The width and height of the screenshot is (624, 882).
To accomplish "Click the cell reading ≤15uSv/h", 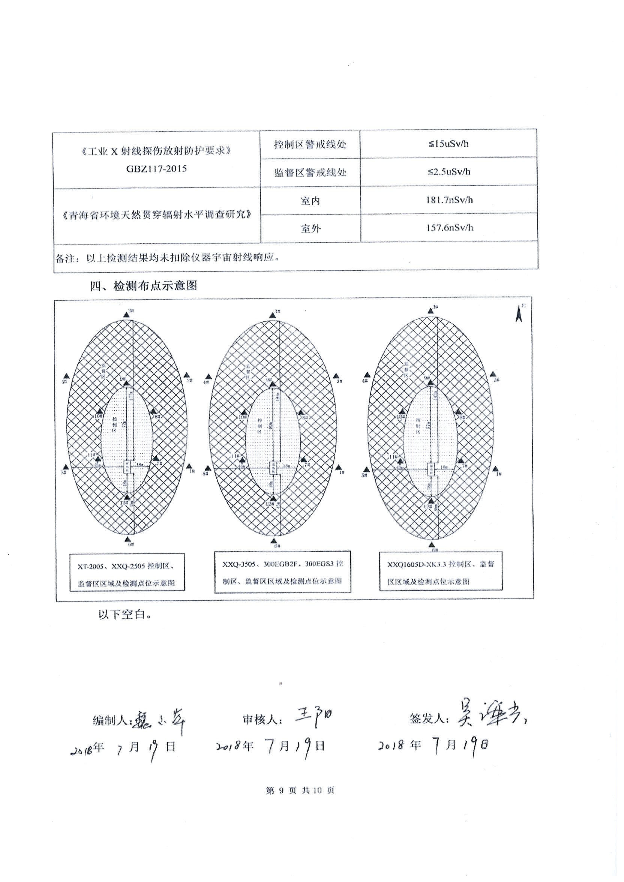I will point(448,144).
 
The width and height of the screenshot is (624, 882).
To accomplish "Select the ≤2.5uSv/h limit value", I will point(449,172).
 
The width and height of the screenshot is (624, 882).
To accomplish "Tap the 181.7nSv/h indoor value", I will point(449,200).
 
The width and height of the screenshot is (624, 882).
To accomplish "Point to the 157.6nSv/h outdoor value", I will point(449,228).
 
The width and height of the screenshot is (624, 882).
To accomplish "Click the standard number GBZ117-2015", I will point(156,168).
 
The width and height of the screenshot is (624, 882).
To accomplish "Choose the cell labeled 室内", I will point(310,201).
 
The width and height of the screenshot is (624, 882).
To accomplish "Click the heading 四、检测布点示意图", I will point(143,286).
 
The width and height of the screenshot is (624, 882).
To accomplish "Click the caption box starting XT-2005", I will point(126,572).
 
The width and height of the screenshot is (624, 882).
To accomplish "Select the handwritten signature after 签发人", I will point(491,715).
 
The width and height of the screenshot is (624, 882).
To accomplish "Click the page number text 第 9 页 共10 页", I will point(300,790).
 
